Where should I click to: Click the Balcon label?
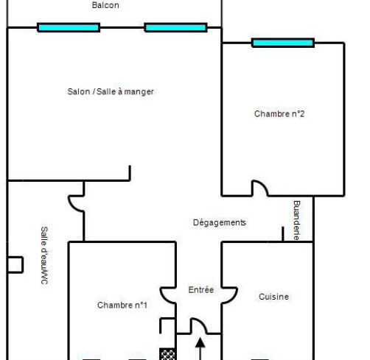(105, 5)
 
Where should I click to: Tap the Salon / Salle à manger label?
(111, 91)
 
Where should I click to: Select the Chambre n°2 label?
(279, 113)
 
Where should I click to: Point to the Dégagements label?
(220, 222)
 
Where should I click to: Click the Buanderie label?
(297, 220)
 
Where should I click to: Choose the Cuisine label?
(273, 297)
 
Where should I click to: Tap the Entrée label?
(201, 289)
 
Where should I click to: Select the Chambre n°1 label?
(122, 305)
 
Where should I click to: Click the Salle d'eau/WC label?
(44, 255)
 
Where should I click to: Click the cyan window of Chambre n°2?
(283, 43)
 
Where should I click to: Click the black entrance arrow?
(200, 348)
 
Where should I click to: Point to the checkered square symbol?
(167, 354)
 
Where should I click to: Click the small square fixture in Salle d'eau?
(15, 265)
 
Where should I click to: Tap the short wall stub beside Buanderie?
(283, 234)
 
